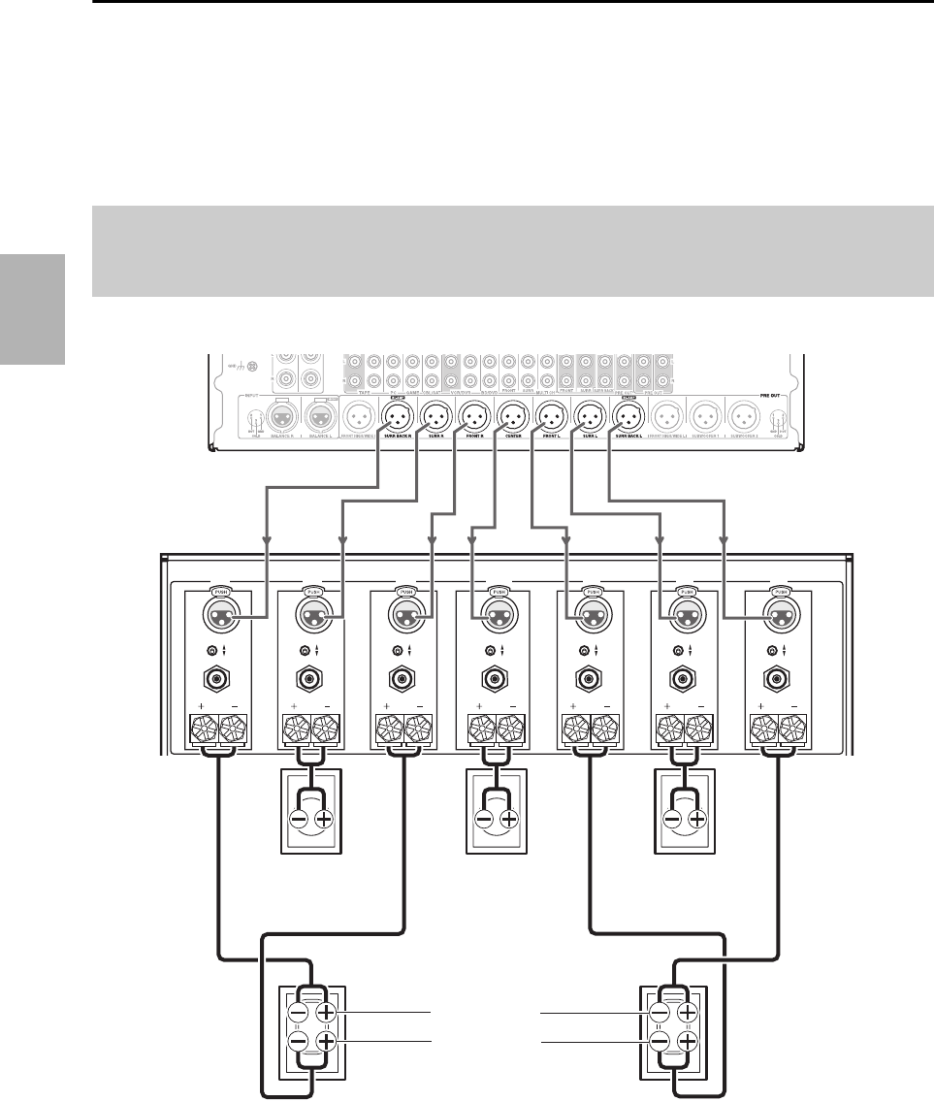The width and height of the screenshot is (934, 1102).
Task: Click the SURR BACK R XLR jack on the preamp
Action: coord(398,418)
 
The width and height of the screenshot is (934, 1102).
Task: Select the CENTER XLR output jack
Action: coord(510,418)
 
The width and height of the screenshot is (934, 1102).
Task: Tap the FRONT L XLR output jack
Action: coord(550,418)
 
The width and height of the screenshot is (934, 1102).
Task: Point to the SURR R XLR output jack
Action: coord(433,418)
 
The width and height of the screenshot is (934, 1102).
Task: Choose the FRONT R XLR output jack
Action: coord(472,418)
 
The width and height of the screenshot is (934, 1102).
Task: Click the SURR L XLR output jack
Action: coord(589,418)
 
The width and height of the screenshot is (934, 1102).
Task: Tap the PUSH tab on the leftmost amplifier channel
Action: coord(219,591)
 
